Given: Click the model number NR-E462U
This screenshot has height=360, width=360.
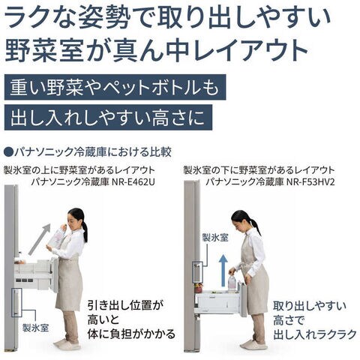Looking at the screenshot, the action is tap(133, 182).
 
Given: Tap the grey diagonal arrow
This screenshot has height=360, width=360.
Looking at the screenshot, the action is tap(39, 239).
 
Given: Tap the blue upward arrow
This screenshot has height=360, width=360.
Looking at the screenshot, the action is tap(223, 271).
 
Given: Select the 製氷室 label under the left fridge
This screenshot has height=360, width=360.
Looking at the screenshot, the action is tap(35, 328).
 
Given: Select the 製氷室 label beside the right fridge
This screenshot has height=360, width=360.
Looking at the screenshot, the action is tap(215, 238).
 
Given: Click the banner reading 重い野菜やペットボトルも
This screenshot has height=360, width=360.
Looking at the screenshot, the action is tap(115, 87).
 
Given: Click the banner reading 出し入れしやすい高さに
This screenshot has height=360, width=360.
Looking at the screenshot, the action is tap(108, 118).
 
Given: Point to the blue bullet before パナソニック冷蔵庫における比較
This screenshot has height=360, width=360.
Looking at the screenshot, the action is tap(9, 152).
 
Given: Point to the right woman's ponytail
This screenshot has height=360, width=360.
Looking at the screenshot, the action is tap(256, 226).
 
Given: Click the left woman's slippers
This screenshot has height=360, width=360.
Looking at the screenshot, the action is tap(67, 343).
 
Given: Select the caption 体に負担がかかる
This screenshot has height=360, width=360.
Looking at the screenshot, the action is tap(131, 334).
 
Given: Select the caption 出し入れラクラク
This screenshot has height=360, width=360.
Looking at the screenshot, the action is tap(315, 334).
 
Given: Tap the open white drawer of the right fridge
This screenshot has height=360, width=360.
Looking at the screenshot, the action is tap(220, 301).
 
